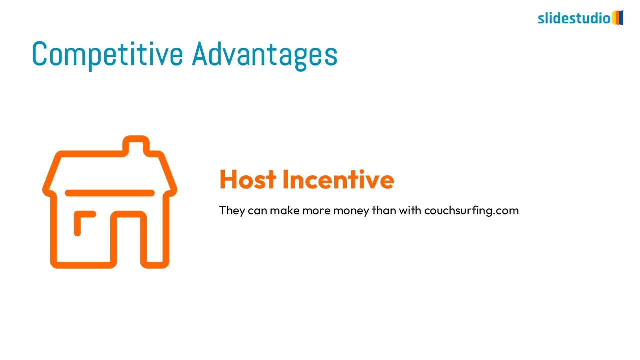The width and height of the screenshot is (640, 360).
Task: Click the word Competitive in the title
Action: (x=107, y=55)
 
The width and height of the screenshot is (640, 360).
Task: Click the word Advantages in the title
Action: (x=265, y=55)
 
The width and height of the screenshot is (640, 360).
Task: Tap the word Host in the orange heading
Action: (x=248, y=179)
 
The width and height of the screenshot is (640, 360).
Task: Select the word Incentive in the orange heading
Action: (x=338, y=179)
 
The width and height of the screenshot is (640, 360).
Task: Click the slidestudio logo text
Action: (x=574, y=19)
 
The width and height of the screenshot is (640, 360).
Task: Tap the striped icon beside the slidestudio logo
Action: (x=617, y=18)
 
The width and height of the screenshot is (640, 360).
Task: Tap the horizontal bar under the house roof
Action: (x=110, y=193)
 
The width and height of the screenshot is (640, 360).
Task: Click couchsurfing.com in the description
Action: (x=471, y=211)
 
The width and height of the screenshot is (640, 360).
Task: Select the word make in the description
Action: (x=285, y=210)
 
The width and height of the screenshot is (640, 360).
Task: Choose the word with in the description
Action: (x=410, y=210)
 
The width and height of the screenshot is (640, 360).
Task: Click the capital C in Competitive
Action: (x=39, y=54)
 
